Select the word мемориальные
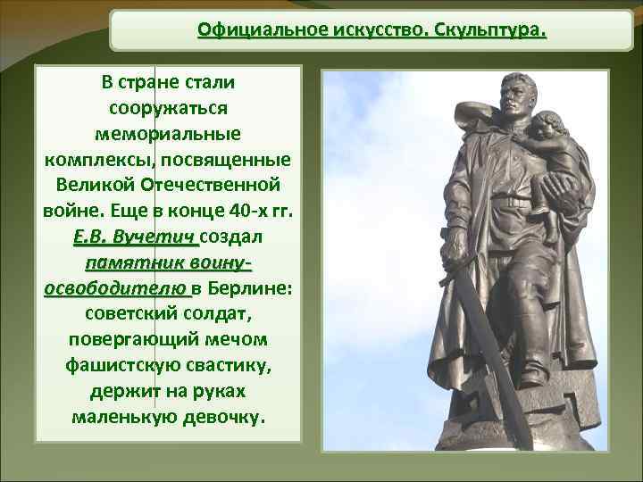[x=168, y=134]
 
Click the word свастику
[x=218, y=366]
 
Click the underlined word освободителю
[x=115, y=290]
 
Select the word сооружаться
[x=168, y=108]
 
